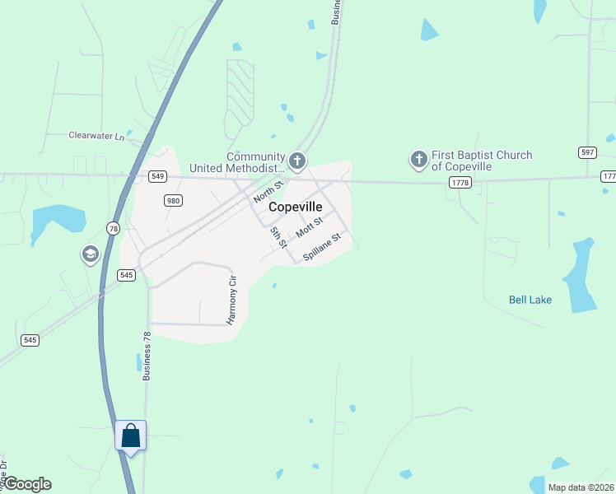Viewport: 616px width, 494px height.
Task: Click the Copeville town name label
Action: (x=295, y=207)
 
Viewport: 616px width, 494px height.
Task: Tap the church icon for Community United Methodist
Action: (x=297, y=161)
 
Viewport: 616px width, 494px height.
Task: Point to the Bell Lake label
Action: (x=530, y=300)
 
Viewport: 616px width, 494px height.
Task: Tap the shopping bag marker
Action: (x=130, y=435)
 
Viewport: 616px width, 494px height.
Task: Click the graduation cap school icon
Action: (x=90, y=254)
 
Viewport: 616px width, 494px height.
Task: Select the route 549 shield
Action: (x=158, y=176)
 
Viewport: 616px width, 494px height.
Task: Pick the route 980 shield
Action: (x=173, y=201)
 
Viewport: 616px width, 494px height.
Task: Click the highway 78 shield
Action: (x=113, y=228)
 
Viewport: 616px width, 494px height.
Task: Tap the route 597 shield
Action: (x=586, y=152)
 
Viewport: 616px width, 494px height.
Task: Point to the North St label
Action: (x=268, y=192)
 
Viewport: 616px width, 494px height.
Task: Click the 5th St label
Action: (x=278, y=237)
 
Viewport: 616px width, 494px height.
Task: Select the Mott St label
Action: (x=309, y=225)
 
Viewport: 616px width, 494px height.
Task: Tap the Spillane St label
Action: (x=321, y=248)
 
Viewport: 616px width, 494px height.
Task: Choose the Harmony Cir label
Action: (x=232, y=299)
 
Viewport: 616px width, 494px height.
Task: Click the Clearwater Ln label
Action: (x=96, y=135)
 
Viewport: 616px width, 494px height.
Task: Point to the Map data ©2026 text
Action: (x=581, y=487)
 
